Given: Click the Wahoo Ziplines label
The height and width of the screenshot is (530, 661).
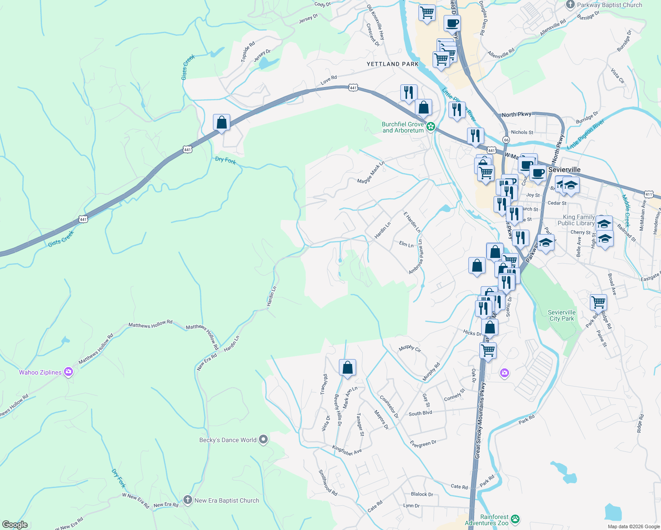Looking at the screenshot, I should click(40, 372).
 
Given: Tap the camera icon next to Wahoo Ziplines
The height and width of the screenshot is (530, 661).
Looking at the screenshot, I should click(68, 372).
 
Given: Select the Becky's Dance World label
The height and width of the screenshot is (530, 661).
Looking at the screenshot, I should click(228, 440).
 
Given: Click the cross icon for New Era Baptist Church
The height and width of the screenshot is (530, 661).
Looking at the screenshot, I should click(188, 500).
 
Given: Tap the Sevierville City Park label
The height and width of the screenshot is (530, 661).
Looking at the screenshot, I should click(562, 315).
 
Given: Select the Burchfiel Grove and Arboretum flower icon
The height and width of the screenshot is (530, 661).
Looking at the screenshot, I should click(430, 127).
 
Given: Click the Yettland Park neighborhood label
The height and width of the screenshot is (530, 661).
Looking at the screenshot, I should click(392, 64).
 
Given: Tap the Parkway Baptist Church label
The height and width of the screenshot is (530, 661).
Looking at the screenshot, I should click(609, 5).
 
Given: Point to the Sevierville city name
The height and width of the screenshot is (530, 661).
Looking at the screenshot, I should click(564, 170).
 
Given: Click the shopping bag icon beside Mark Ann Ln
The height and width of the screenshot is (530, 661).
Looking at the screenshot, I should click(347, 367).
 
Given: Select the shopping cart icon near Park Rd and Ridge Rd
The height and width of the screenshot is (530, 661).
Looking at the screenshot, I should click(598, 303).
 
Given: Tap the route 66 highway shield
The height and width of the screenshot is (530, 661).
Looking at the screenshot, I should click(506, 140).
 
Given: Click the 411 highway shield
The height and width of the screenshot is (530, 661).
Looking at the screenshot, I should click(648, 194).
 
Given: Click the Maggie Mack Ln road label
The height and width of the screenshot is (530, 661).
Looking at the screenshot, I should click(371, 172).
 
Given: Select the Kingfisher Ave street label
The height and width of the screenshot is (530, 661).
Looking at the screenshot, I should click(347, 450).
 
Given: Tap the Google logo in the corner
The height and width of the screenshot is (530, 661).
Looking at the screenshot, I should click(15, 524).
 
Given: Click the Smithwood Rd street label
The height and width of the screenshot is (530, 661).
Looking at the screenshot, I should click(328, 482).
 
